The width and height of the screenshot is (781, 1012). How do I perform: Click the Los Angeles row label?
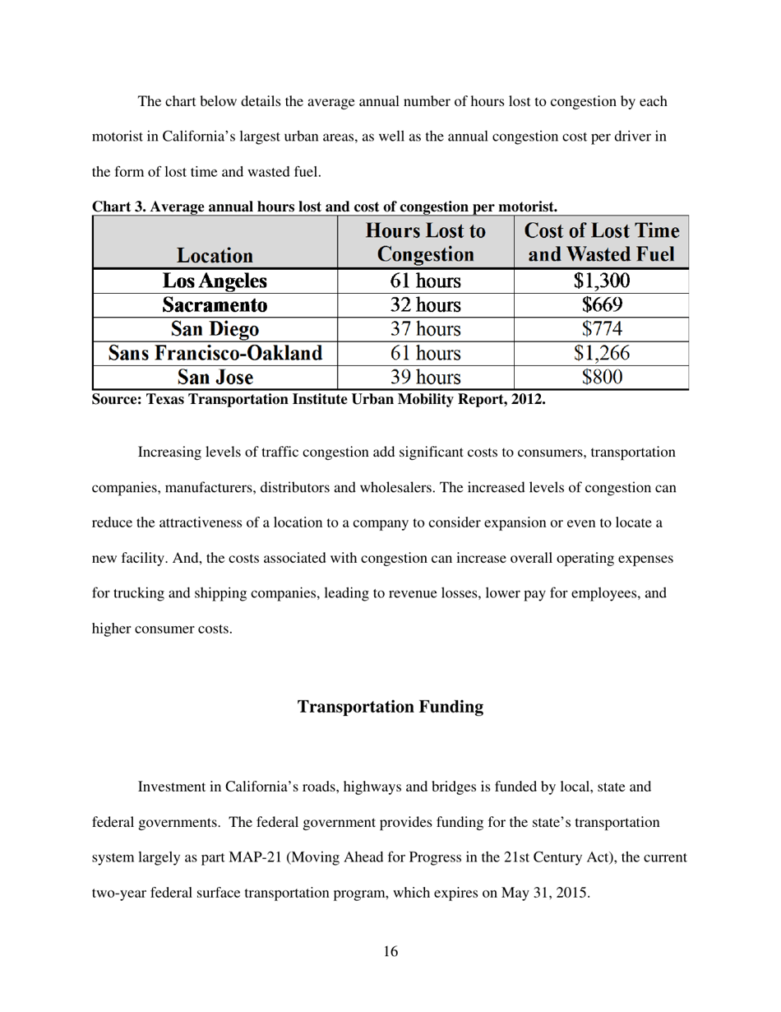[215, 282]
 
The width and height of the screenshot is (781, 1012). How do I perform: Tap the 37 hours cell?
[425, 330]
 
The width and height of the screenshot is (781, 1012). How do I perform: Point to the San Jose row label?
[215, 378]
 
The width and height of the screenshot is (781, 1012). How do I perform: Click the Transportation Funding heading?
[390, 707]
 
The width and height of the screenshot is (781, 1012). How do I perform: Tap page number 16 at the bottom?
[390, 952]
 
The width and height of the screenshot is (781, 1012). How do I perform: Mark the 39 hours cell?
[425, 378]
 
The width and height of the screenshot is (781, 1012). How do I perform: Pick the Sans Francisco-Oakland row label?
[215, 354]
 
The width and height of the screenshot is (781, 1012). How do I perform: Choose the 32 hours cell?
[425, 306]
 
